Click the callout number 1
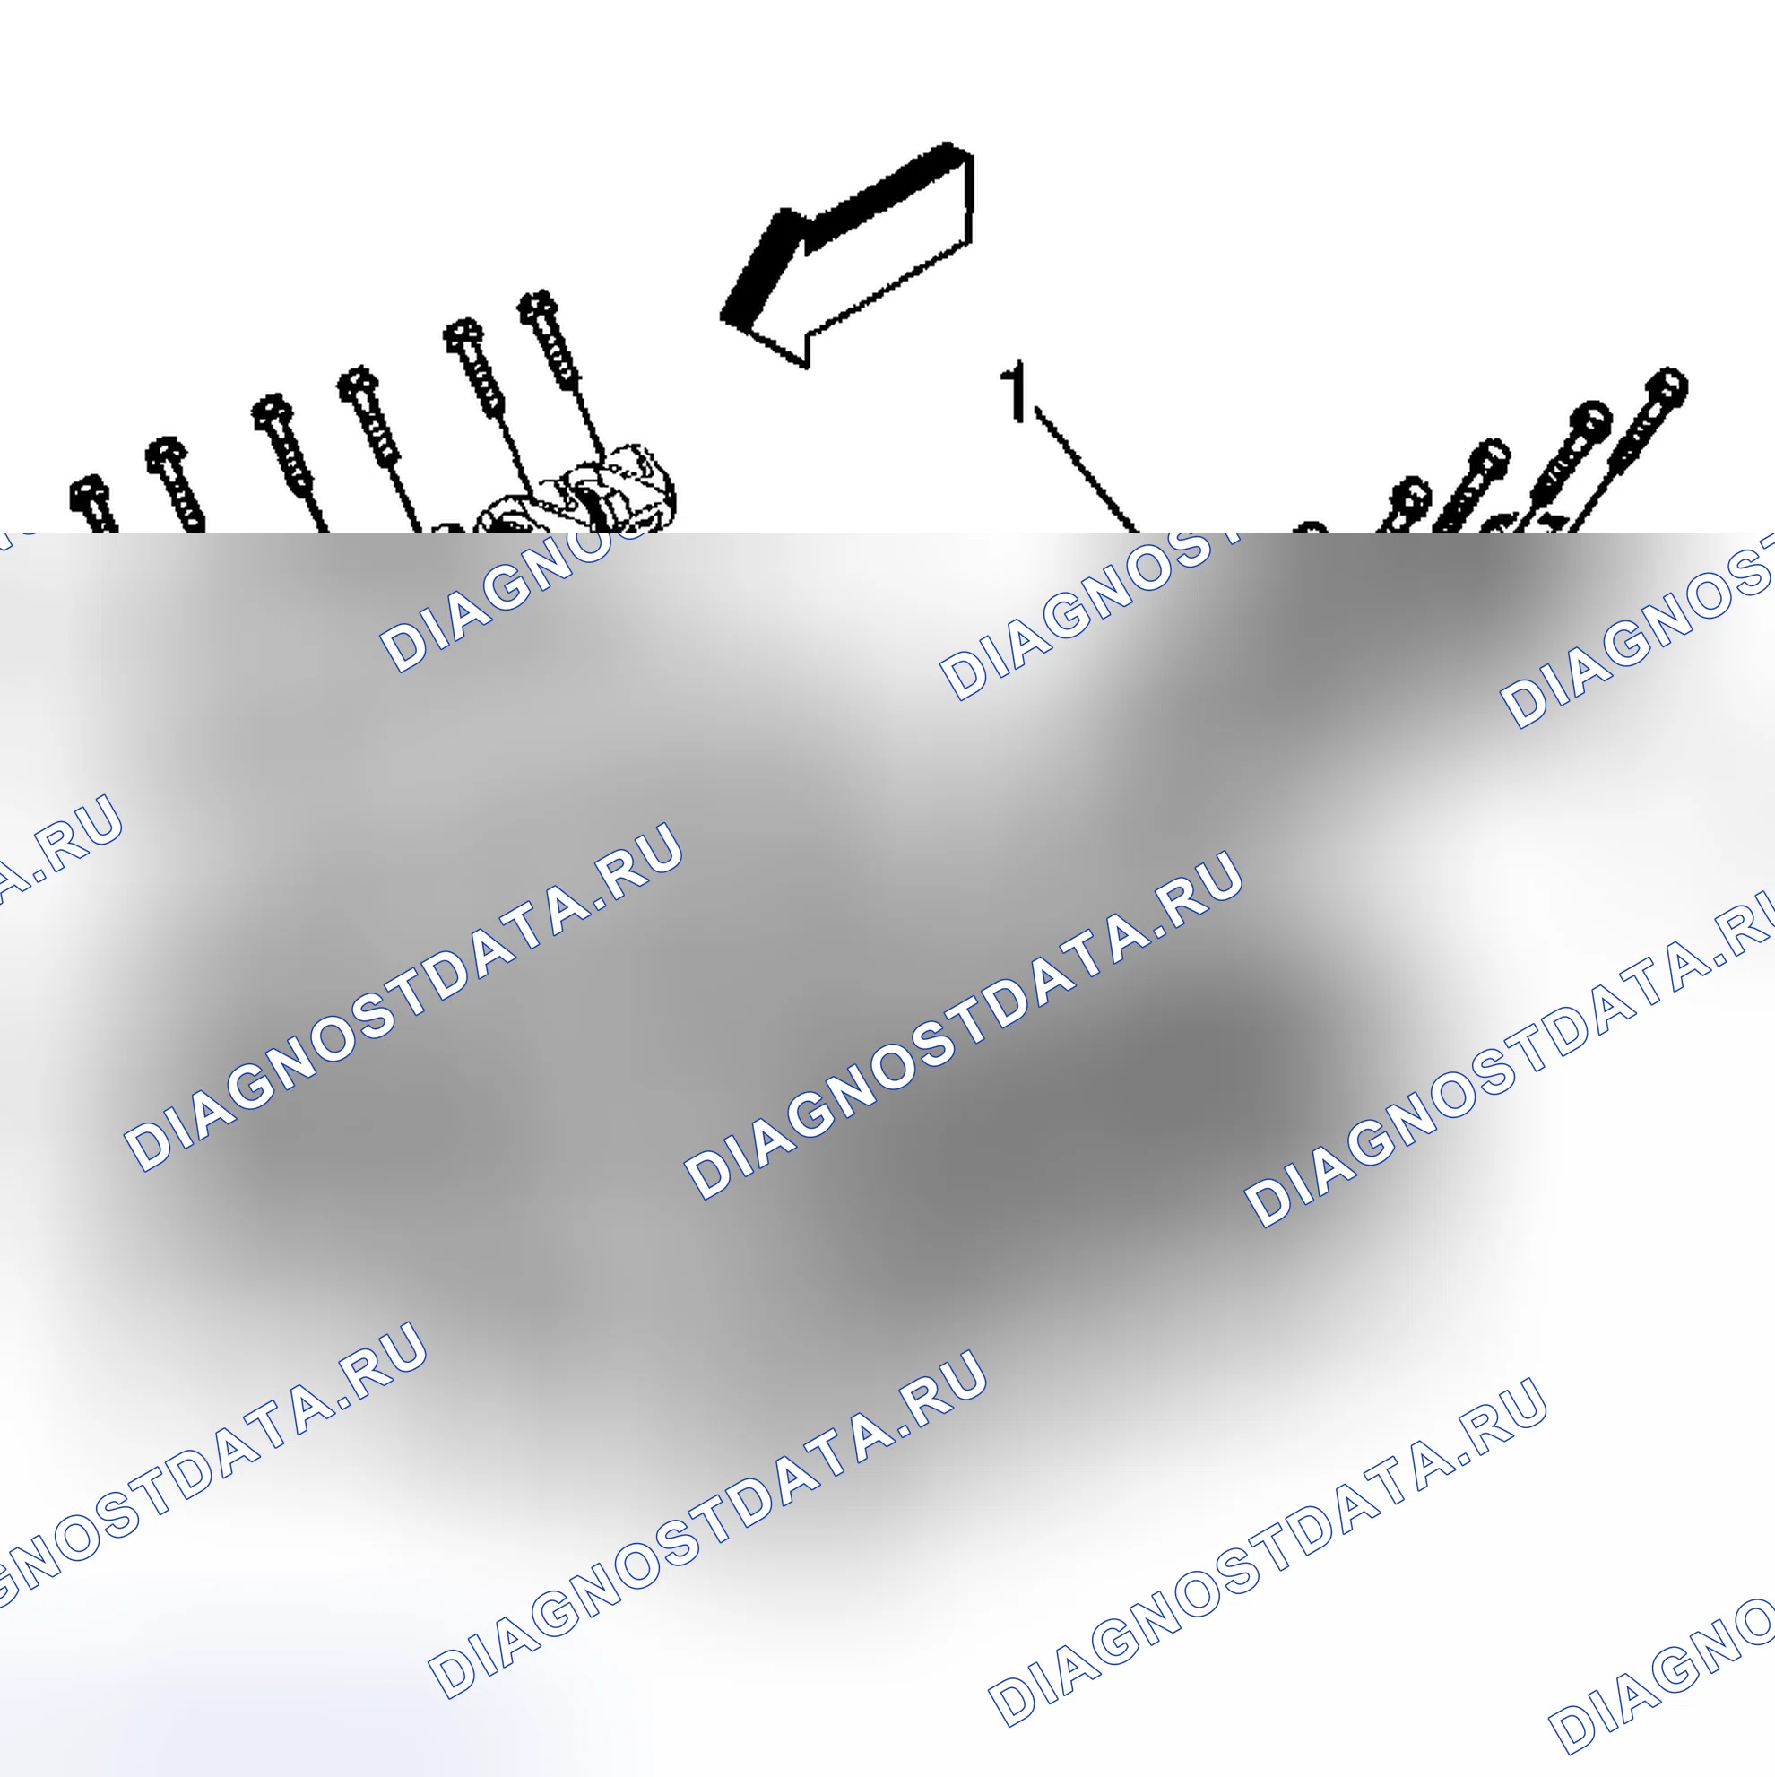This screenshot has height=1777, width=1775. pos(1016,392)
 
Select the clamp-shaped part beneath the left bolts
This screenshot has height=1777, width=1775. pos(579,492)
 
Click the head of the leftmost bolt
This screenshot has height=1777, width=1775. pos(90,494)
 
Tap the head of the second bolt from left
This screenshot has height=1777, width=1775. pos(167,455)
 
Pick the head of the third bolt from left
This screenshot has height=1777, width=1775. pos(273,413)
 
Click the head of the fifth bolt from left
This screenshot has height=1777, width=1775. pos(463,336)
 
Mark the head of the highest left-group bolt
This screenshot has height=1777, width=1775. pos(537,308)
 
